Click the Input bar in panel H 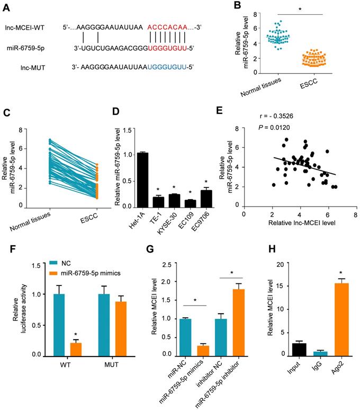click(x=284, y=349)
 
